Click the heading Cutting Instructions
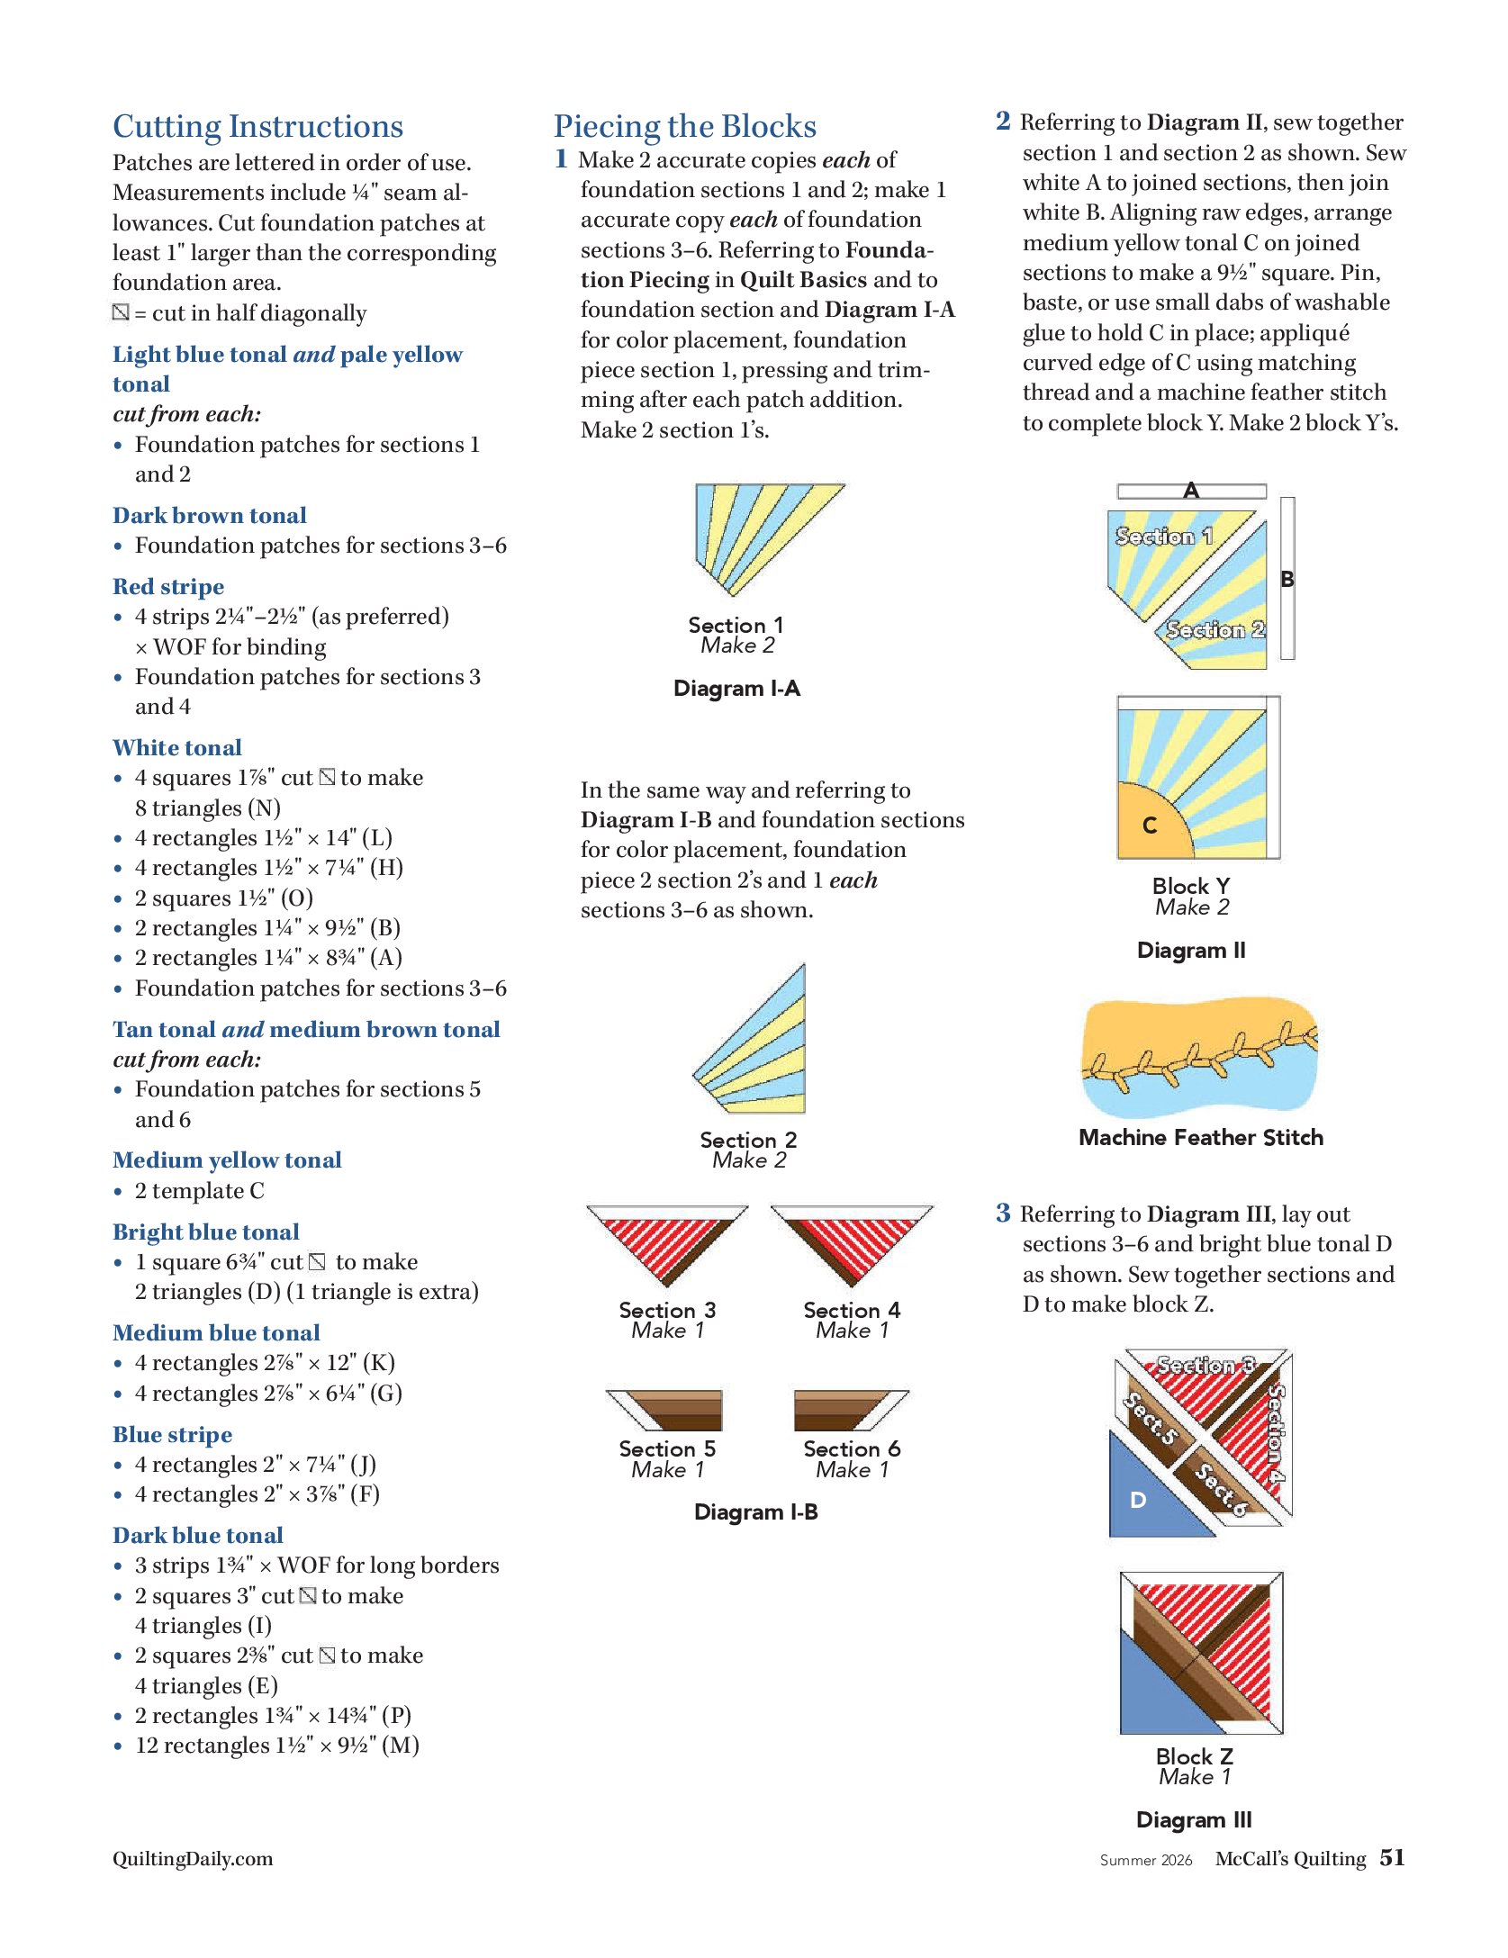coord(257,127)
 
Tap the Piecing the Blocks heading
coord(684,127)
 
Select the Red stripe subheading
coord(168,587)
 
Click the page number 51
coord(1392,1857)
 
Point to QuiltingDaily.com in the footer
coord(193,1859)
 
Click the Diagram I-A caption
coord(736,689)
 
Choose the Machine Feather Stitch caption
coord(1200,1138)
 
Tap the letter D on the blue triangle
coord(1138,1500)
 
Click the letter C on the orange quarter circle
coord(1149,826)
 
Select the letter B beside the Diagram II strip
coord(1287,580)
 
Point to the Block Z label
coord(1194,1756)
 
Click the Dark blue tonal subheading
coord(198,1536)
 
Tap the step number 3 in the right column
coord(1003,1214)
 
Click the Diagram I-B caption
coord(755,1512)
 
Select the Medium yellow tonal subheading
coord(227,1160)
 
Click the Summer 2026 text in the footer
coord(1145,1860)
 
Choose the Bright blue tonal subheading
coord(206,1232)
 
